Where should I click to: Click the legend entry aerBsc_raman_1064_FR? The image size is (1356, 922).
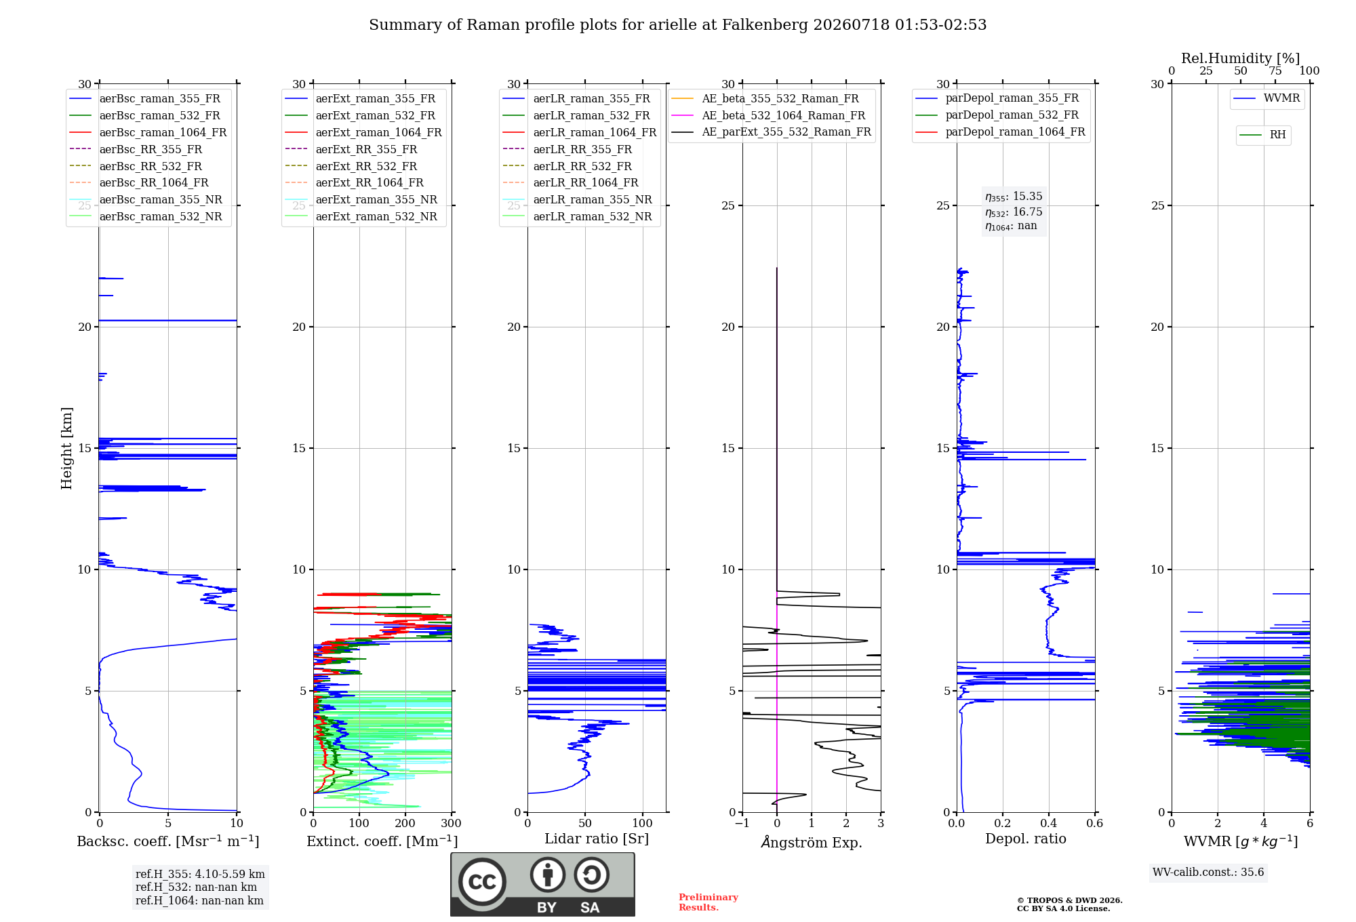(148, 132)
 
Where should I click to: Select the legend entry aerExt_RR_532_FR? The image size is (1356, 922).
(351, 166)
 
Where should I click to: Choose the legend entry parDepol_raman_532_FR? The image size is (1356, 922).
(997, 115)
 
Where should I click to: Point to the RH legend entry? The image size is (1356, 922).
(1263, 135)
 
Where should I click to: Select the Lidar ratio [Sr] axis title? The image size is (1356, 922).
(597, 839)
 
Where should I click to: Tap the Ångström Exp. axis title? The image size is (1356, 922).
(812, 842)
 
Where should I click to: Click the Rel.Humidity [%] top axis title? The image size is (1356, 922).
(1241, 58)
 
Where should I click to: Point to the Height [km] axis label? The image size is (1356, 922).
(66, 448)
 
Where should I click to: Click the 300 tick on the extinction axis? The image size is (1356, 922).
(451, 823)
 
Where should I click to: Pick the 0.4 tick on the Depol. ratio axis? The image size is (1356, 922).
(1049, 823)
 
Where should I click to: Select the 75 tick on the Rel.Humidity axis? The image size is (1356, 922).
(1275, 71)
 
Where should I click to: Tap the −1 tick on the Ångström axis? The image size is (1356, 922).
(742, 823)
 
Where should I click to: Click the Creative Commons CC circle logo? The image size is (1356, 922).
(482, 881)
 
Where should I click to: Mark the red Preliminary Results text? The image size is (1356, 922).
(709, 902)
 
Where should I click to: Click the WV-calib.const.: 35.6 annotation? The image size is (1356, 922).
(1208, 873)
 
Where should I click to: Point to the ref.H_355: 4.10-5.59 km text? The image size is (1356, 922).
(200, 874)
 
